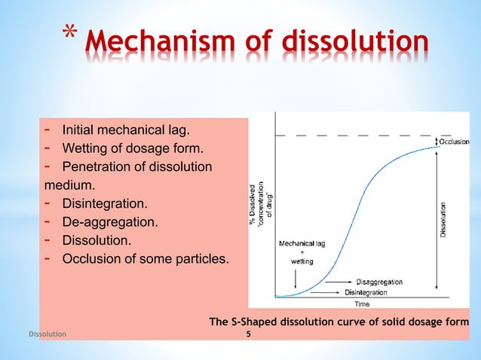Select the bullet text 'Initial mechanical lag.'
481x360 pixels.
127,129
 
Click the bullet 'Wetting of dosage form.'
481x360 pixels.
133,148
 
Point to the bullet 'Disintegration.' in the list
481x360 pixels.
105,204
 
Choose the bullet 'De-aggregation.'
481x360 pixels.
110,223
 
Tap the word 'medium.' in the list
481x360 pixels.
65,185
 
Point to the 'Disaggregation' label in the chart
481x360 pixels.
373,282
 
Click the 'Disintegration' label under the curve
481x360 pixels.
366,292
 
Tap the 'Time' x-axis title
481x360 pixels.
362,304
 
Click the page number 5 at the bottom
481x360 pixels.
240,332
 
